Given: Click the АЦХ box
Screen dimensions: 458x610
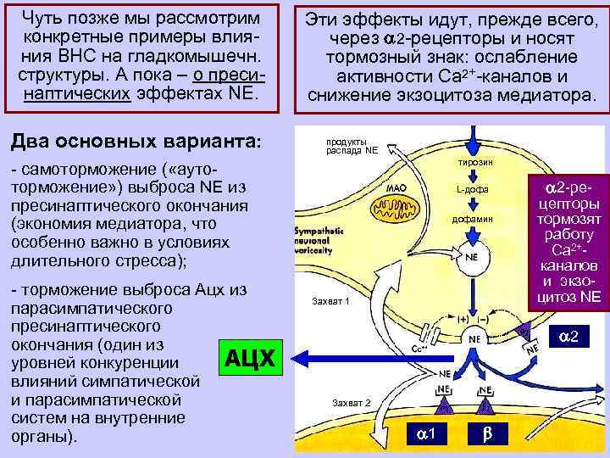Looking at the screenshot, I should coord(251,358).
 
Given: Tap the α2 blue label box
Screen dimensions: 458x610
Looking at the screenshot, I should coord(568,338).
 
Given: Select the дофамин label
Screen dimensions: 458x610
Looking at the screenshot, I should coord(471,219).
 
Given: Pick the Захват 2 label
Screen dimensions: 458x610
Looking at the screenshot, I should coord(351,401).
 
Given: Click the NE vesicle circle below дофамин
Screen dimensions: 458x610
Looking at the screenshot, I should coord(471,255).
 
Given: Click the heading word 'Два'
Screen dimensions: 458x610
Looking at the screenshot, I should coord(31,140).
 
